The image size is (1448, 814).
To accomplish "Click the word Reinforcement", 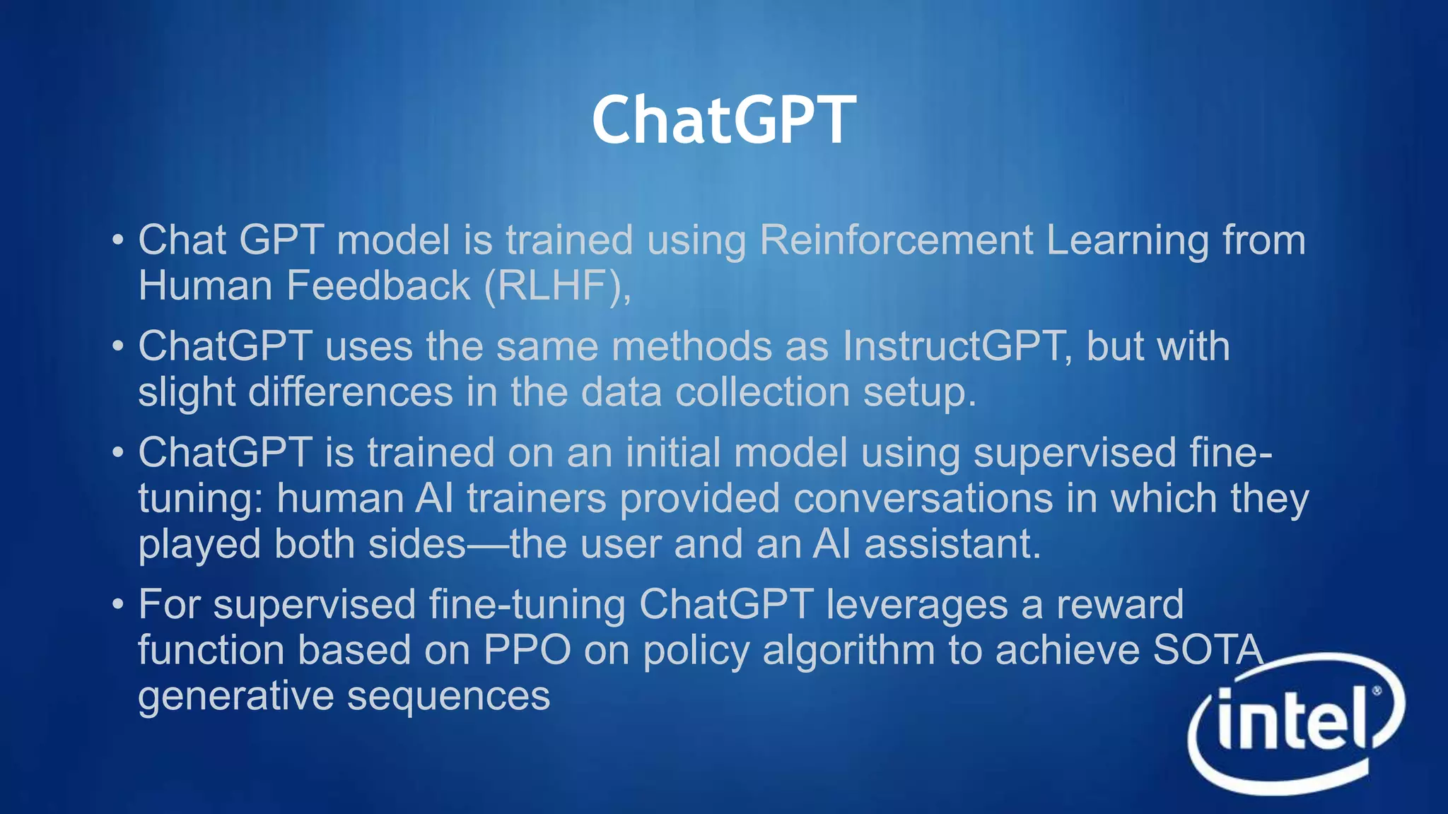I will (896, 240).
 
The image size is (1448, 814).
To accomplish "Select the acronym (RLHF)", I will (557, 286).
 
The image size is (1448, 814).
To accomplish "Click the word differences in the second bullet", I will (350, 392).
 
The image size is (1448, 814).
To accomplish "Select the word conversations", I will (923, 498).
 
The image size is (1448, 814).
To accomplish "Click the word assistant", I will (952, 544).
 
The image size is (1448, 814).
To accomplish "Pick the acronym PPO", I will (527, 650).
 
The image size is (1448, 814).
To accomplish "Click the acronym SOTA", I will (1207, 650).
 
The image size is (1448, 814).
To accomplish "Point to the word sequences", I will (448, 697).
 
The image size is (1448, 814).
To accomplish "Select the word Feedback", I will (378, 286).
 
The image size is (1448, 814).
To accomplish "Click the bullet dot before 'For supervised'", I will (118, 605).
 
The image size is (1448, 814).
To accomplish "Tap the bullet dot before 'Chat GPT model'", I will (118, 240).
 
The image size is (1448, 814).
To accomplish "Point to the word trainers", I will (537, 498).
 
